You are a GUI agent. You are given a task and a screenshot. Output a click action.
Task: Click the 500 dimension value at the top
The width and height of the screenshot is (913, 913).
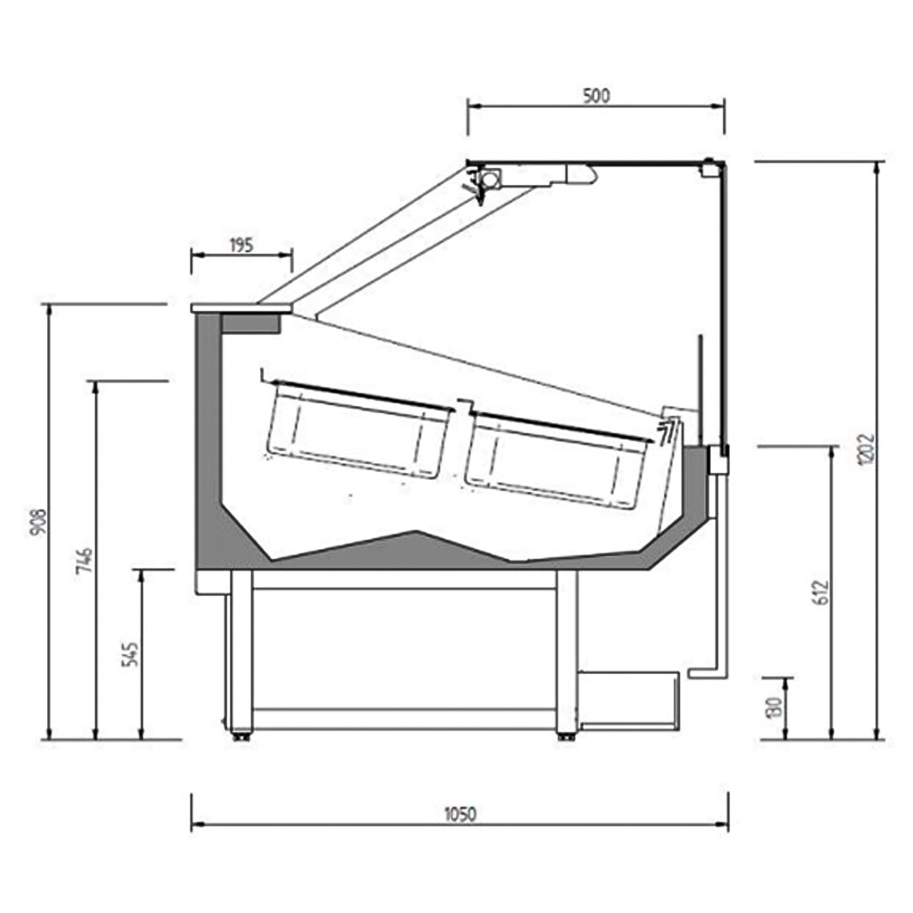point(596,96)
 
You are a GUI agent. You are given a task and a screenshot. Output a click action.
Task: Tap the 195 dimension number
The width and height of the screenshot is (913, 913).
point(241,246)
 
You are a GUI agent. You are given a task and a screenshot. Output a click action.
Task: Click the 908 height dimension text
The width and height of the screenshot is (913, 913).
point(38,522)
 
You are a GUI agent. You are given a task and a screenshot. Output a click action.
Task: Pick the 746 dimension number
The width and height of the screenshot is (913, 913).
point(84,560)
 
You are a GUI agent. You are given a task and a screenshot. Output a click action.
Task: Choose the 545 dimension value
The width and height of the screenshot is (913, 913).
point(131,654)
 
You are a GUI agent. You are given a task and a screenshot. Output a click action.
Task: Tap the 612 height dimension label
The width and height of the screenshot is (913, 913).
point(822,593)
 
